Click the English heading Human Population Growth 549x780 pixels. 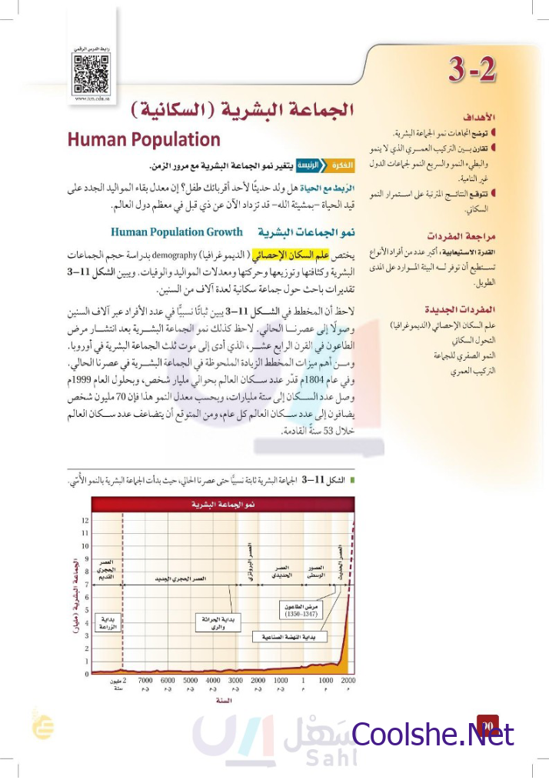click(177, 231)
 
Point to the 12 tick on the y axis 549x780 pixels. click(85, 521)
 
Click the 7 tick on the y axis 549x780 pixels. click(85, 585)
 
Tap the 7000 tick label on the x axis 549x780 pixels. click(145, 681)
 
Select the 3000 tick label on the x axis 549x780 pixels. click(235, 681)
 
